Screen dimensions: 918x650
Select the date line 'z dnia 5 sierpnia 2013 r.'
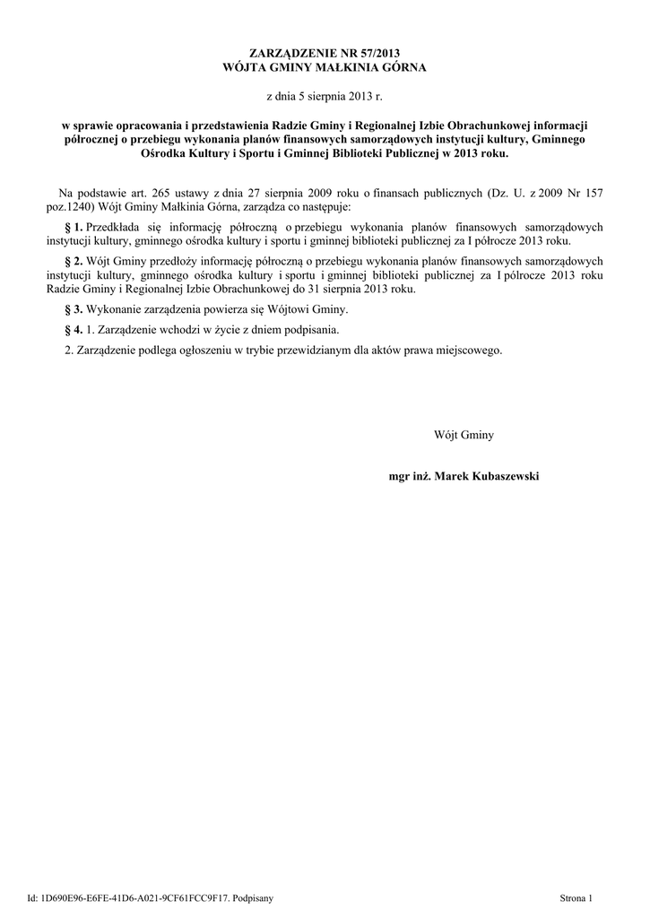pyautogui.click(x=325, y=94)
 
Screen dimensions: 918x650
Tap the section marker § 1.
pyautogui.click(x=74, y=228)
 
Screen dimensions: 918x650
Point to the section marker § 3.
pyautogui.click(x=74, y=309)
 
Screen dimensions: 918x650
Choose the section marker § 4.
pyautogui.click(x=74, y=330)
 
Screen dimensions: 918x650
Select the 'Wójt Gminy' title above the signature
pyautogui.click(x=464, y=435)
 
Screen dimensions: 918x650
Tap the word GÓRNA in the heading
pyautogui.click(x=403, y=67)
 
